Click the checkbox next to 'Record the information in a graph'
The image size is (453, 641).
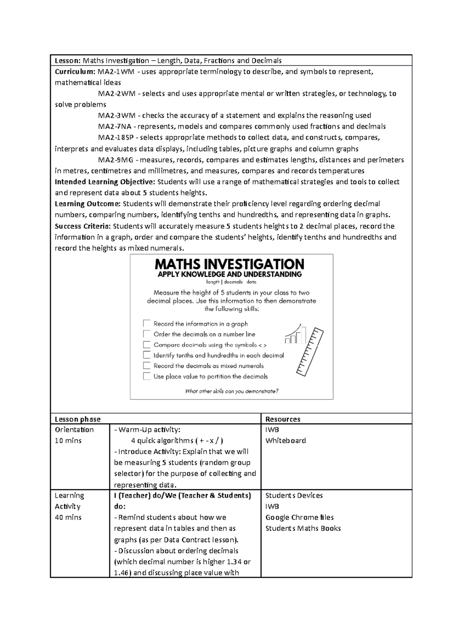[146, 324]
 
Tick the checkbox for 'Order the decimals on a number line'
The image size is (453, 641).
[146, 334]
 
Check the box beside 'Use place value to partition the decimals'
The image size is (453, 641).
[146, 376]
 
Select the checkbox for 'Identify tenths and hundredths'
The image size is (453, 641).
[146, 355]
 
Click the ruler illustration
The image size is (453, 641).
[310, 352]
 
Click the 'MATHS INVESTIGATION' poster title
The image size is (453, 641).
[230, 264]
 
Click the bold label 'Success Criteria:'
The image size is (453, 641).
[83, 226]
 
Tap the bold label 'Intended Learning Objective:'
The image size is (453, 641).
[105, 182]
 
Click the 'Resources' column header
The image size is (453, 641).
[283, 419]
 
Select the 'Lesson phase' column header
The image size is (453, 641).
[78, 419]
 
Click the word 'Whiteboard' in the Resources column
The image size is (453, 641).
[285, 441]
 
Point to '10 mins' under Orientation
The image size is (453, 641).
[68, 441]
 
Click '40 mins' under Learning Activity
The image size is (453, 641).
[68, 518]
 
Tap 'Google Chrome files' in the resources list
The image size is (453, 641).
[299, 518]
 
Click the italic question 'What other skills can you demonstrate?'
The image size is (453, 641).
[231, 391]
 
